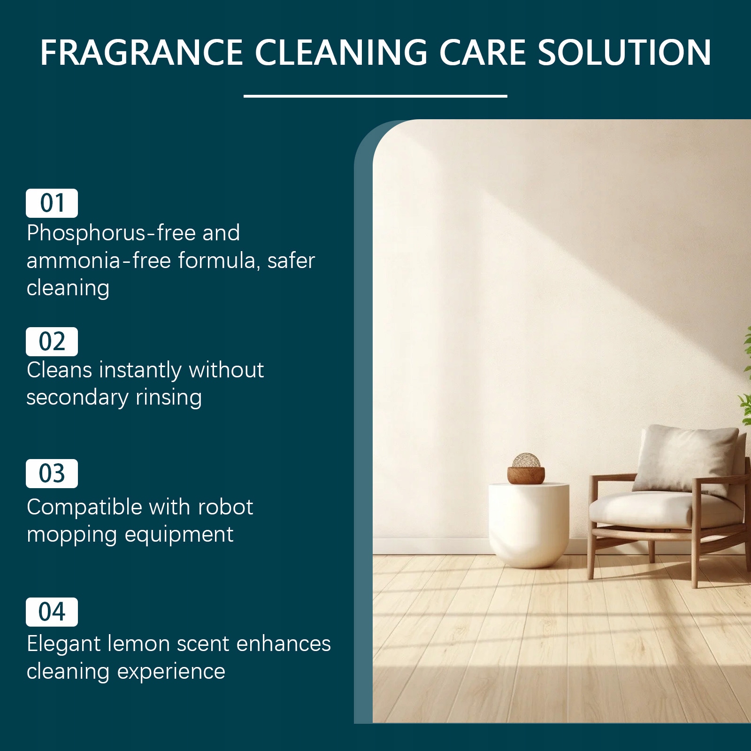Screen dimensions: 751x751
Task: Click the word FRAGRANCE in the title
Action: pos(141,52)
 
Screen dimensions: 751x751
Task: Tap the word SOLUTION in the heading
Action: pos(624,52)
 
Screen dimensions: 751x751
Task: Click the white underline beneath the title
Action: pos(375,96)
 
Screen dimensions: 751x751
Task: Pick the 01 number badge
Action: pos(52,203)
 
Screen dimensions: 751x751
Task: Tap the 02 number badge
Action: pos(52,342)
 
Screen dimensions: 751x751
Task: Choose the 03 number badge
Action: pos(52,474)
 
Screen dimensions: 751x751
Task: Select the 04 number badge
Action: pos(52,612)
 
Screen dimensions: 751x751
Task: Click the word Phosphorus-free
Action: pos(111,233)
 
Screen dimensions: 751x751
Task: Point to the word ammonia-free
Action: pos(99,261)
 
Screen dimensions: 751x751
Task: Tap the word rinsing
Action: pos(169,398)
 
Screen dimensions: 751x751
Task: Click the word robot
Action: pos(226,507)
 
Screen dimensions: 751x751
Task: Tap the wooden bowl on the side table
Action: pos(526,475)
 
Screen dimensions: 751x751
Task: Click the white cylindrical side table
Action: pos(529,525)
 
